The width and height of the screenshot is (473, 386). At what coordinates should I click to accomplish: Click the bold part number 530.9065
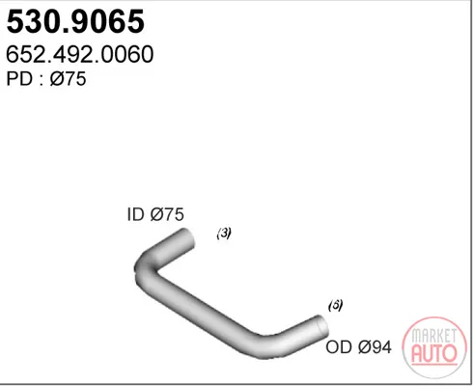(75, 21)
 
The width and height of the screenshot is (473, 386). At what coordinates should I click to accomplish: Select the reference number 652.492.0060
(79, 54)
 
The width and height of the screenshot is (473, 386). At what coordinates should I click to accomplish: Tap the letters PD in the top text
(19, 79)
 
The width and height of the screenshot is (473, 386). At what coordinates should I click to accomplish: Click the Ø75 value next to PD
(68, 79)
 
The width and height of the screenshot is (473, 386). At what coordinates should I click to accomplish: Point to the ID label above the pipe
(135, 214)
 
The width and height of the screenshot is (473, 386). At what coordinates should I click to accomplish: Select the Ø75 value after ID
(167, 214)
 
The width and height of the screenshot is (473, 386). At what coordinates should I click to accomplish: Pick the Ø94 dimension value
(375, 347)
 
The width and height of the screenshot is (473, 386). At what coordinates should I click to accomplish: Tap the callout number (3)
(224, 234)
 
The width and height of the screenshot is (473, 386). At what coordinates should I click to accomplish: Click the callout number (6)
(335, 305)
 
